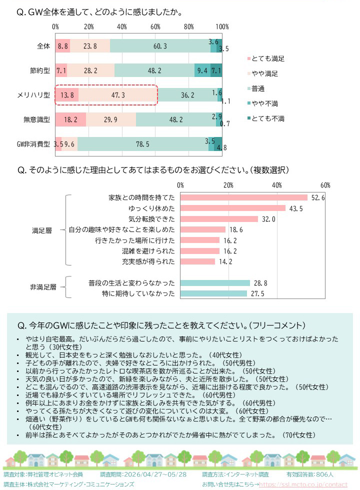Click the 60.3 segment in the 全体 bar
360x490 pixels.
(x=160, y=46)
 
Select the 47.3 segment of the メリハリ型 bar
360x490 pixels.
(x=117, y=95)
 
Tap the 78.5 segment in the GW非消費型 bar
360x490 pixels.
(x=143, y=144)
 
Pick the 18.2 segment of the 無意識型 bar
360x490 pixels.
(x=70, y=119)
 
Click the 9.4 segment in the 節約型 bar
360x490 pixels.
(x=202, y=70)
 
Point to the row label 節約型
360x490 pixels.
(x=39, y=70)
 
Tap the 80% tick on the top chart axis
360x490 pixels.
(x=189, y=27)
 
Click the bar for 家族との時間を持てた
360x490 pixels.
(x=244, y=197)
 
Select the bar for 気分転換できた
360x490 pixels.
(x=219, y=219)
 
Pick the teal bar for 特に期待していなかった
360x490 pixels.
(x=214, y=293)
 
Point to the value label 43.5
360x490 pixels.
(x=296, y=208)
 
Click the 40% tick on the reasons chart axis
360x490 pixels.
(x=277, y=185)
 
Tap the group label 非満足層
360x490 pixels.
(x=43, y=287)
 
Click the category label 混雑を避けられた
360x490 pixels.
(x=148, y=251)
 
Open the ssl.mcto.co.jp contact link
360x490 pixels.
(x=303, y=484)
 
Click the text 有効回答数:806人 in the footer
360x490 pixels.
(x=310, y=474)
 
